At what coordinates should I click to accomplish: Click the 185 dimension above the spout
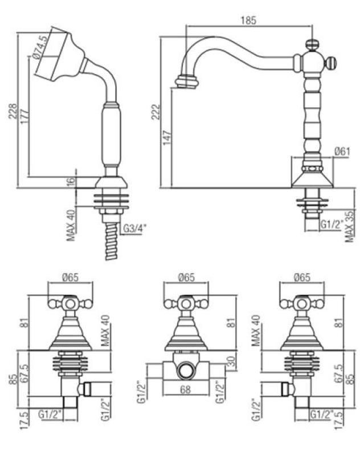pos(248,20)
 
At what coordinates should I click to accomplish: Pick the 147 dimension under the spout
pos(167,137)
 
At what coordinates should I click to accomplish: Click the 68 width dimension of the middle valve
pos(185,391)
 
